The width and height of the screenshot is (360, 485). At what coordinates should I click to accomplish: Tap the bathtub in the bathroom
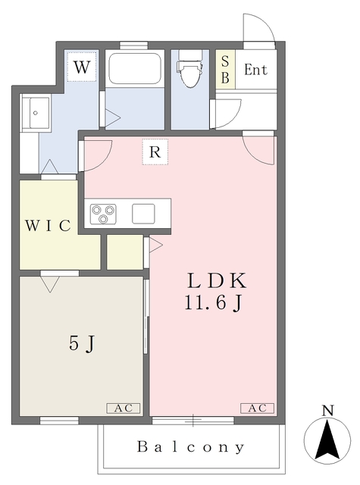(134, 69)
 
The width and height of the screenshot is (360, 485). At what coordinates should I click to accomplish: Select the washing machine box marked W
(82, 67)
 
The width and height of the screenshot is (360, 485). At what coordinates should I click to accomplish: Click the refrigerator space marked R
(155, 152)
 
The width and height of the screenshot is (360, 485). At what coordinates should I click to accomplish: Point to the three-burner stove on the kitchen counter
(102, 214)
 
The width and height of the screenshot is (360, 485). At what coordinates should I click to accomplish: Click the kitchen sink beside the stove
(143, 213)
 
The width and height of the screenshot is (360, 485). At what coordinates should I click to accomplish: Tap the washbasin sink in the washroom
(35, 114)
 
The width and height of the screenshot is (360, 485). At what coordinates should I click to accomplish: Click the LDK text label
(218, 280)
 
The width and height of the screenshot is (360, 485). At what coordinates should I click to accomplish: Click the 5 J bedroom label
(82, 343)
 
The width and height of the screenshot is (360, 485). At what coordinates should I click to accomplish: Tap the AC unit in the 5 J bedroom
(123, 408)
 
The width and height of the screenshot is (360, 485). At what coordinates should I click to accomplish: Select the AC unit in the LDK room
(257, 408)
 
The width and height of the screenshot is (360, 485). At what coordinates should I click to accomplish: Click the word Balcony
(191, 447)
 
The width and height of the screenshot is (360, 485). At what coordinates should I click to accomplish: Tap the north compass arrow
(327, 441)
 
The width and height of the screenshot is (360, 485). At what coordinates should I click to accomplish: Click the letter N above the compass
(327, 411)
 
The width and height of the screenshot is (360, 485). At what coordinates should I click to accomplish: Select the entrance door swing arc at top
(258, 30)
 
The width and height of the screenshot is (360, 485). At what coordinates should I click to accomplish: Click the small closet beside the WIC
(124, 252)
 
